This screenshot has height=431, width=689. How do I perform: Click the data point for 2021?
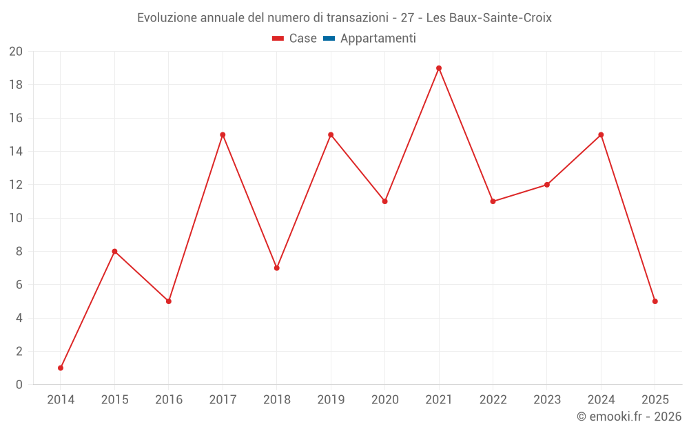(x=439, y=68)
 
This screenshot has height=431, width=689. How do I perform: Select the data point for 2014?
(x=61, y=368)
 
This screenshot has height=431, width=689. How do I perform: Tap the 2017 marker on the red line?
(x=223, y=135)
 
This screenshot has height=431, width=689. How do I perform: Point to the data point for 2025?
(x=655, y=301)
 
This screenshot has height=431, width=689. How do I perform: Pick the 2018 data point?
(x=277, y=268)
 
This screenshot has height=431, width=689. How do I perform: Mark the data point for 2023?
(x=547, y=185)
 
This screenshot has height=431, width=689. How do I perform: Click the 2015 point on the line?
(x=114, y=252)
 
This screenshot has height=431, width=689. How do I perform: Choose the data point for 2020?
(x=385, y=201)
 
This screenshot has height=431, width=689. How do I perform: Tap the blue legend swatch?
(x=329, y=39)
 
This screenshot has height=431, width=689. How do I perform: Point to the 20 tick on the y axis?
(x=16, y=52)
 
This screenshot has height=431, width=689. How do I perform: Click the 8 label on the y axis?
(x=19, y=252)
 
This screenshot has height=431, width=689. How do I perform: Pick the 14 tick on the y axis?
(x=16, y=152)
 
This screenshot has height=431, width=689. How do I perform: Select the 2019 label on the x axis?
(x=331, y=400)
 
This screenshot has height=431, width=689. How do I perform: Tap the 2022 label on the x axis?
(x=493, y=400)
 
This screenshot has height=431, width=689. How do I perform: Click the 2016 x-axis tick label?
(x=169, y=400)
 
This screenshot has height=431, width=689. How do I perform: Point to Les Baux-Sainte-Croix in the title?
(x=489, y=18)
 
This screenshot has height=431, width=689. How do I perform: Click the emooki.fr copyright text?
(x=629, y=417)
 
